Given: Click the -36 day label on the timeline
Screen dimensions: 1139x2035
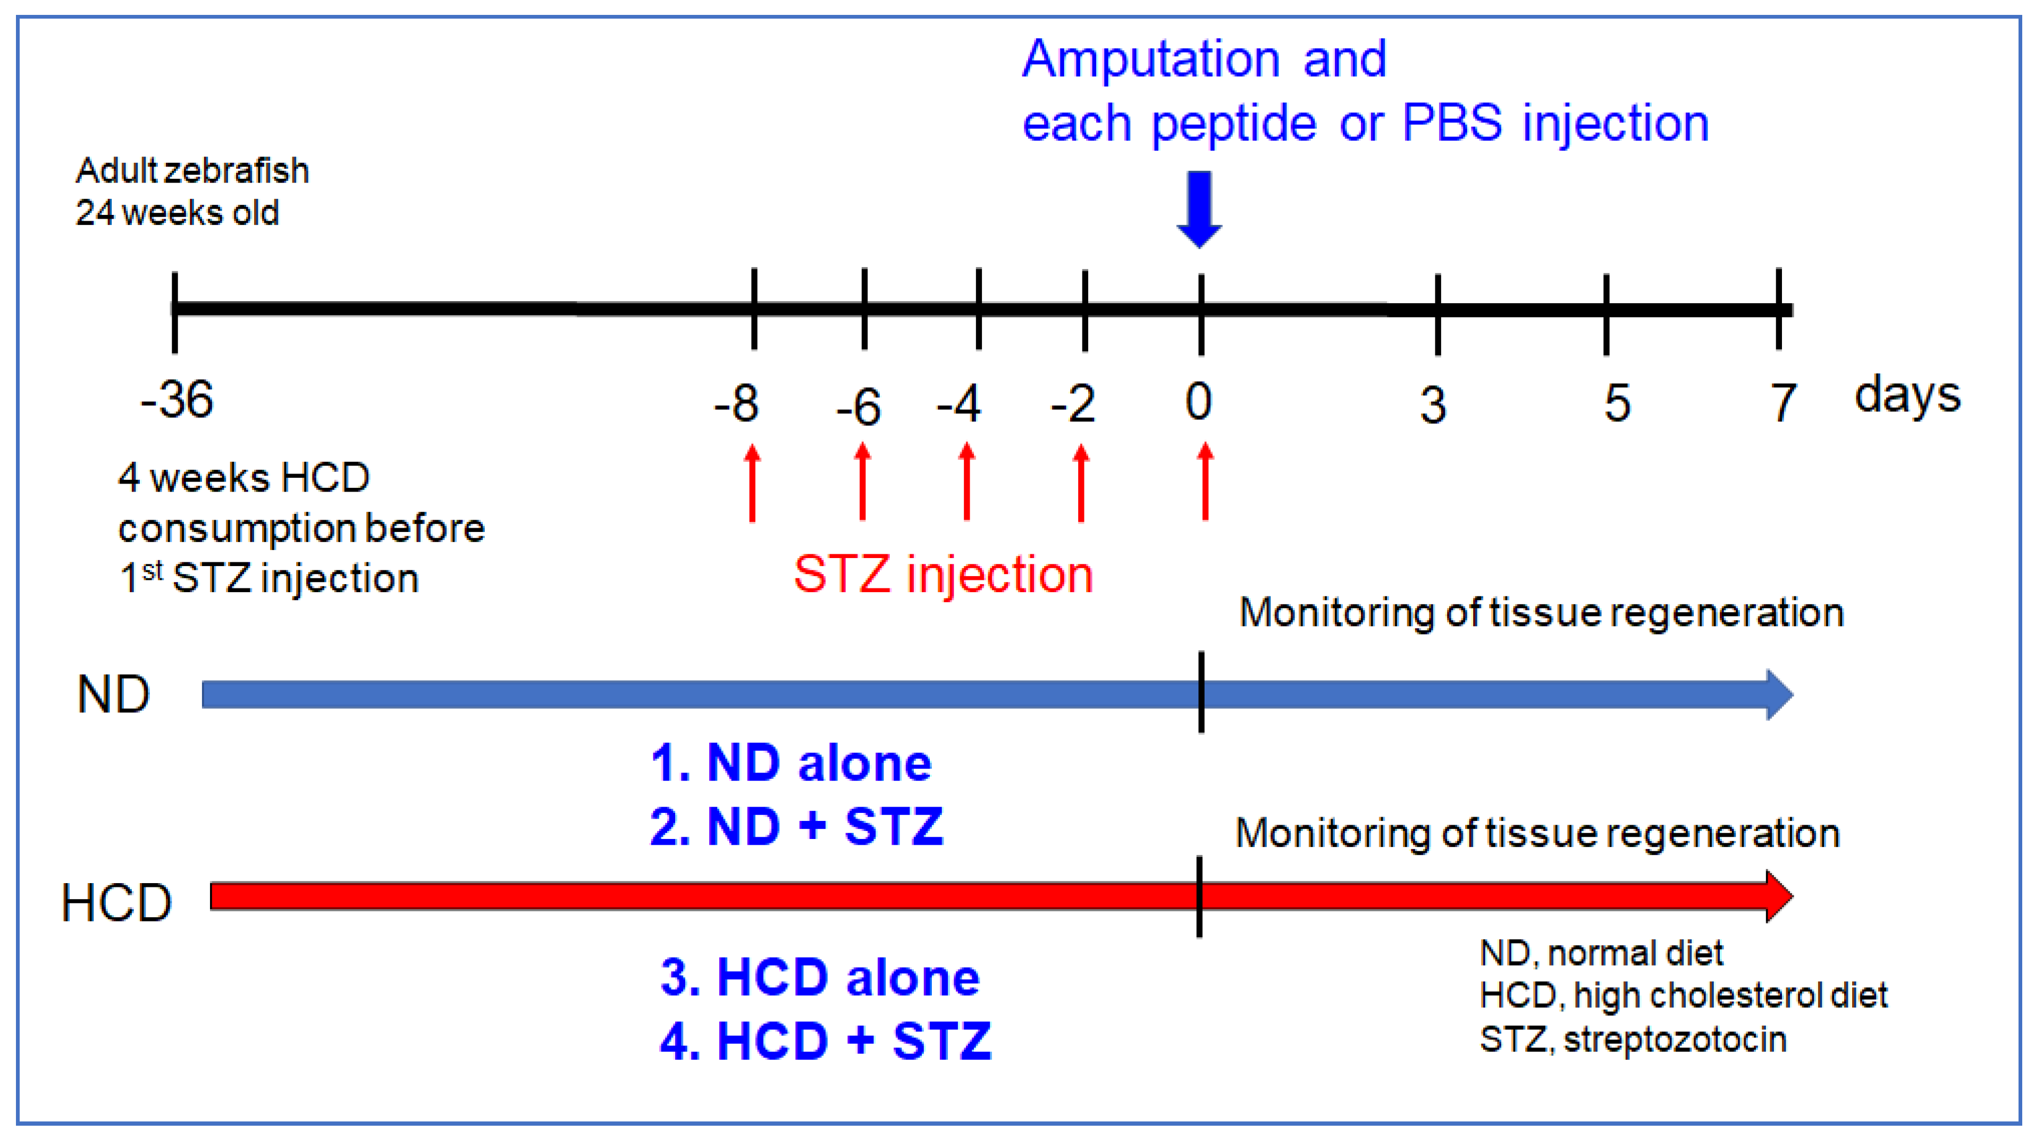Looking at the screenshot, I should coord(177,400).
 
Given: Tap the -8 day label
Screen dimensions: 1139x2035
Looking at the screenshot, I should coord(736,404).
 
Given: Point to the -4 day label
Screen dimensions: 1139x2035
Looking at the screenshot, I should coord(959,404).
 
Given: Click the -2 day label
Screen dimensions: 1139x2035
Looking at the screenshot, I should coord(1073,404).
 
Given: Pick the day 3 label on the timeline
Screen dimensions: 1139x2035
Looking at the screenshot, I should coord(1433,405).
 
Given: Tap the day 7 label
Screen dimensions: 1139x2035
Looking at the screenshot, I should coord(1782,403).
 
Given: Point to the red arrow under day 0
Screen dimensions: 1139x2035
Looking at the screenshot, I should coord(1205,481).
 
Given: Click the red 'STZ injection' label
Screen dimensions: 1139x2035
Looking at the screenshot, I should coord(943,574).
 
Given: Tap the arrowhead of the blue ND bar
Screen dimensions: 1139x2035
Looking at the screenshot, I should coord(1779,695).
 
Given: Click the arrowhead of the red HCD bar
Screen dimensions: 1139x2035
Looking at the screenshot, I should coord(1779,896).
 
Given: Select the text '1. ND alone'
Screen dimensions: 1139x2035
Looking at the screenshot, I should coord(791,763).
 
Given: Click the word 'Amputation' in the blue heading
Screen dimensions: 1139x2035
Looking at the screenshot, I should coord(1151,60).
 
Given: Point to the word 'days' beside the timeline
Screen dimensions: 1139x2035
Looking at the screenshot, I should coord(1907,395).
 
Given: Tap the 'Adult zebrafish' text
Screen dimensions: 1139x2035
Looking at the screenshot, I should coord(192,171).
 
